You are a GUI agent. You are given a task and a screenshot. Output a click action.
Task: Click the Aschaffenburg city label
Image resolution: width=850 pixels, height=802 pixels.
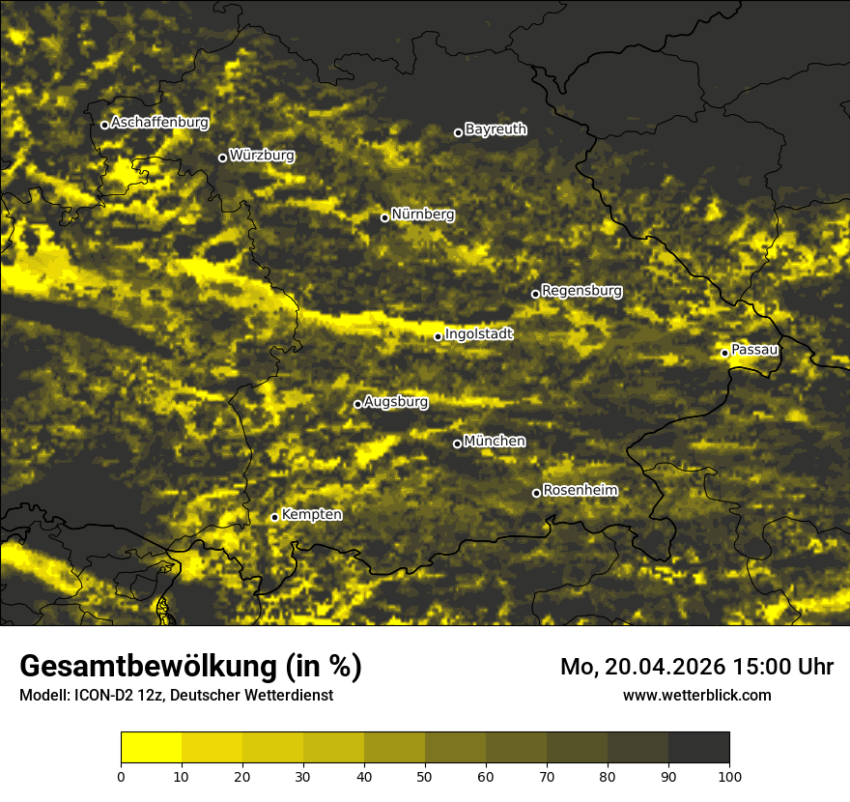coord(159,123)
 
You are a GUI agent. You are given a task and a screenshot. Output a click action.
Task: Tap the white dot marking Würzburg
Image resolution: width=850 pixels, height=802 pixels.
coord(222,158)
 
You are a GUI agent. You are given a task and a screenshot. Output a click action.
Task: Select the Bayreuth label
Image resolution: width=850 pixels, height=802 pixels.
coord(496,129)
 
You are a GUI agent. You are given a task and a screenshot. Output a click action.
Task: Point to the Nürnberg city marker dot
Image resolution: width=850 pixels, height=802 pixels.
coord(384,217)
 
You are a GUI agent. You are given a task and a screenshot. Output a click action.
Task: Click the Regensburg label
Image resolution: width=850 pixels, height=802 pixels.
coord(581,290)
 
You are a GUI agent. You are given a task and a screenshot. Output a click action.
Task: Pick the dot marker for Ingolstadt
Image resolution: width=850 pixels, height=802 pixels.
coord(438,336)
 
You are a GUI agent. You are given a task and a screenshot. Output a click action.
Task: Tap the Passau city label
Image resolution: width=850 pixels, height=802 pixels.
coord(754,349)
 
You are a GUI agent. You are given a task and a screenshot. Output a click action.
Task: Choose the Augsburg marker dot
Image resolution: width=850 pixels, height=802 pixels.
coord(357,404)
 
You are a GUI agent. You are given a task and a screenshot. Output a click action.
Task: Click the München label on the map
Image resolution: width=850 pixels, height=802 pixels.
coord(495,441)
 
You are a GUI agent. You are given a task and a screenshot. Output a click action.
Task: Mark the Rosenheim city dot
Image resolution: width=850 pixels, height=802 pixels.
coord(536,494)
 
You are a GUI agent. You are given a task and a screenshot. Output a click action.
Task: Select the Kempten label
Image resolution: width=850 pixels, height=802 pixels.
coord(311,514)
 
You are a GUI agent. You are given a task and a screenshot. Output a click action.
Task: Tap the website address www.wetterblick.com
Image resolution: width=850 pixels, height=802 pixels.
coord(696,695)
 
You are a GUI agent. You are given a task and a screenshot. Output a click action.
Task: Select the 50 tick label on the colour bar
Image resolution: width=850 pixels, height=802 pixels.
coord(425,775)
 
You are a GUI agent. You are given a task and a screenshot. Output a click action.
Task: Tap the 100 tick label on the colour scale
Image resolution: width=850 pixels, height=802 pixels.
coord(729,775)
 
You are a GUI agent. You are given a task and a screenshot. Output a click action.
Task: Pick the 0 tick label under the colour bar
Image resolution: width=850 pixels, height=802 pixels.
coord(121,775)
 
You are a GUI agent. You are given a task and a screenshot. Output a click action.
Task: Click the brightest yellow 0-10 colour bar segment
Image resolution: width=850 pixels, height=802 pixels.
coord(151,747)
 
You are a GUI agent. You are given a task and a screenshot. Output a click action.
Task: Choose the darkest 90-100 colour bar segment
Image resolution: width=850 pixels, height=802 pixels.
coord(698,747)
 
